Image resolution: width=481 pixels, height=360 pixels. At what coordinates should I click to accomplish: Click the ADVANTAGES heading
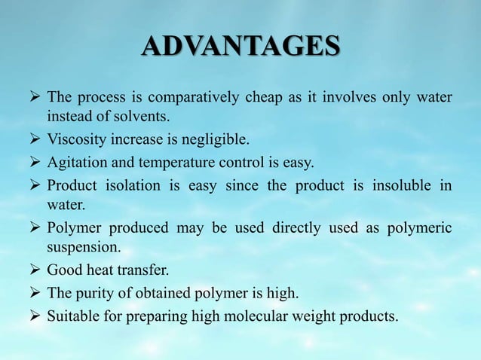(x=240, y=46)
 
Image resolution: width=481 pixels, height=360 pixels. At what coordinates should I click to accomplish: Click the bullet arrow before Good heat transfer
(x=34, y=270)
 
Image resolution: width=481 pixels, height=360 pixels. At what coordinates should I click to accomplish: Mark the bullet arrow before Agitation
(x=34, y=163)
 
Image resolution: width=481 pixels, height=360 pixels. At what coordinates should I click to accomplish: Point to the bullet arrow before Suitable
(x=34, y=316)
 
